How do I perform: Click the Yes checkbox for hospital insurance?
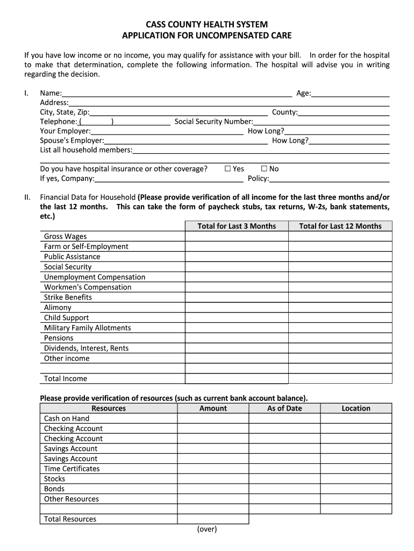click(x=228, y=169)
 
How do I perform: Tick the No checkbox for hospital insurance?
click(x=264, y=169)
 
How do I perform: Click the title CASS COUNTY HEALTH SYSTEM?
click(x=207, y=25)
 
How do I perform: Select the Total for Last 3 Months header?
click(x=237, y=226)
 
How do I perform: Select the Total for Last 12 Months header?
click(x=340, y=226)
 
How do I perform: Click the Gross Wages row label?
click(x=65, y=236)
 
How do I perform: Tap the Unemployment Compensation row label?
click(x=95, y=277)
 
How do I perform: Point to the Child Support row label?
click(x=66, y=317)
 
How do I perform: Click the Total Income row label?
click(x=65, y=379)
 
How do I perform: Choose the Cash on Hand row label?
click(x=67, y=419)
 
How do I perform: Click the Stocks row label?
click(x=54, y=479)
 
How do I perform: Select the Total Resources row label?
click(x=70, y=519)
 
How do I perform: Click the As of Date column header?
click(x=284, y=408)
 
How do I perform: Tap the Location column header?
click(x=356, y=408)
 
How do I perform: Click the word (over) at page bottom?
click(x=207, y=529)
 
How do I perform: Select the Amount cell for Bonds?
click(x=213, y=489)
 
